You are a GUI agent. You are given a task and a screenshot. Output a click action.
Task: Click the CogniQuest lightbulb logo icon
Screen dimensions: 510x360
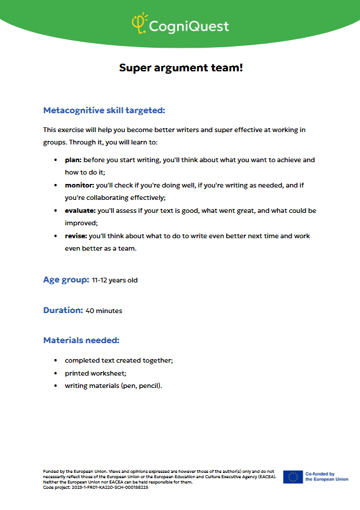[139, 23]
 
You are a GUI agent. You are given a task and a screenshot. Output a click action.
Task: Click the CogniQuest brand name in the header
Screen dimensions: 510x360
[188, 27]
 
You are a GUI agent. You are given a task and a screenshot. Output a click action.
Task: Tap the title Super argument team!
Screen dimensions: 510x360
[181, 68]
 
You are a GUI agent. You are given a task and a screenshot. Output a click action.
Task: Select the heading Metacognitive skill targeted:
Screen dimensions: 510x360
[104, 110]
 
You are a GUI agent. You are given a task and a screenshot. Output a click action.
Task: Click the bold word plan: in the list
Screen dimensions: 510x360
[73, 160]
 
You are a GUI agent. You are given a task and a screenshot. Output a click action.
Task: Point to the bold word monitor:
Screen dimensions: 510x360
[79, 185]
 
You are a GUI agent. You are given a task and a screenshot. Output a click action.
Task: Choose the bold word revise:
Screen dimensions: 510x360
[76, 236]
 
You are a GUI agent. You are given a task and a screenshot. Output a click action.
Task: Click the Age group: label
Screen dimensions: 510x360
[66, 279]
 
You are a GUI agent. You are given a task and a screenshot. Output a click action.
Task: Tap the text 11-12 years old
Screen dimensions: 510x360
[114, 280]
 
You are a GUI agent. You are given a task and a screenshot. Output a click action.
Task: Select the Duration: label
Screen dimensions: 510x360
[63, 310]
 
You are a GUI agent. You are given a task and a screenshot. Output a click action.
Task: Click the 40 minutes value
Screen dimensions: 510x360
[104, 310]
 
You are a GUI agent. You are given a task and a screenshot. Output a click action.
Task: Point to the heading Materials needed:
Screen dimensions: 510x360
[81, 340]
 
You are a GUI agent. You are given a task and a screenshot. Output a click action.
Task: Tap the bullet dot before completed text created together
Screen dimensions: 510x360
[55, 360]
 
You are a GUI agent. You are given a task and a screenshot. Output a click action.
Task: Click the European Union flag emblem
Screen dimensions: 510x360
[293, 476]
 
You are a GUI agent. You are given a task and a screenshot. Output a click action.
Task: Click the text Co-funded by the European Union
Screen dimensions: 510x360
[326, 476]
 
